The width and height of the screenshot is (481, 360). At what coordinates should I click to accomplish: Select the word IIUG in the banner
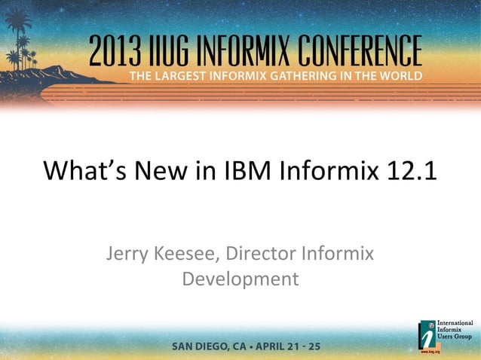coord(179,51)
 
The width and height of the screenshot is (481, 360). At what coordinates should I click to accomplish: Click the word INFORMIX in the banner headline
coord(256,51)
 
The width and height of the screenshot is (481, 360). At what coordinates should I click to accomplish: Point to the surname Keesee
coord(189,254)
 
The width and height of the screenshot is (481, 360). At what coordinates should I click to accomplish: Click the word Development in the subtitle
coord(240,279)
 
